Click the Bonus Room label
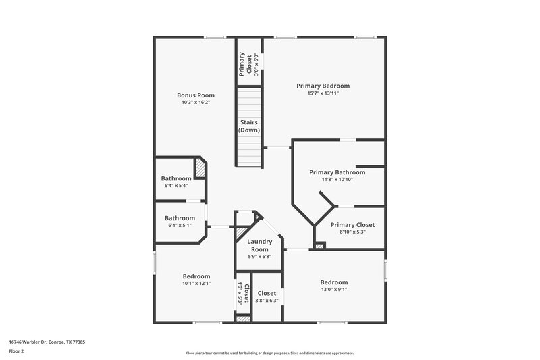[x=196, y=95]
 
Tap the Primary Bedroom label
[x=323, y=86]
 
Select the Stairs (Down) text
[x=249, y=126]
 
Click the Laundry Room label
[x=259, y=245]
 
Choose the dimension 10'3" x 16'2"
[x=196, y=103]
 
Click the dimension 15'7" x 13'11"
[x=323, y=93]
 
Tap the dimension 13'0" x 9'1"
[x=334, y=290]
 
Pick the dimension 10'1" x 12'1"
[x=196, y=284]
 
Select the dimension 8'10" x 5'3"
[x=352, y=232]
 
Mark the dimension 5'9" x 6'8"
[x=259, y=257]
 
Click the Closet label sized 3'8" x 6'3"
[x=267, y=294]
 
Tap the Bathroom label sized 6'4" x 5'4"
[x=175, y=178]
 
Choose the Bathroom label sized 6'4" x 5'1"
[x=180, y=218]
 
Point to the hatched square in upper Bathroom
[x=201, y=167]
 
